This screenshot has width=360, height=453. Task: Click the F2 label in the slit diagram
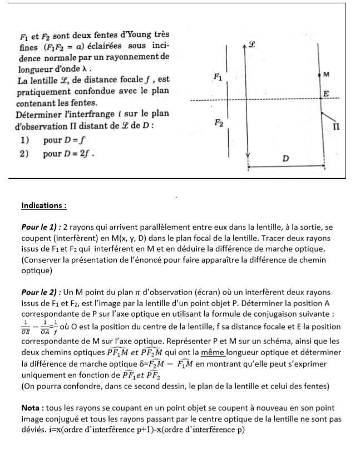(x=219, y=124)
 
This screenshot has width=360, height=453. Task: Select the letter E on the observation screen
(x=326, y=93)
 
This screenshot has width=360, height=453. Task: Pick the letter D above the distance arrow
(x=285, y=158)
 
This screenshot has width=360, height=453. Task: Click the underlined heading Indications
(x=44, y=205)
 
